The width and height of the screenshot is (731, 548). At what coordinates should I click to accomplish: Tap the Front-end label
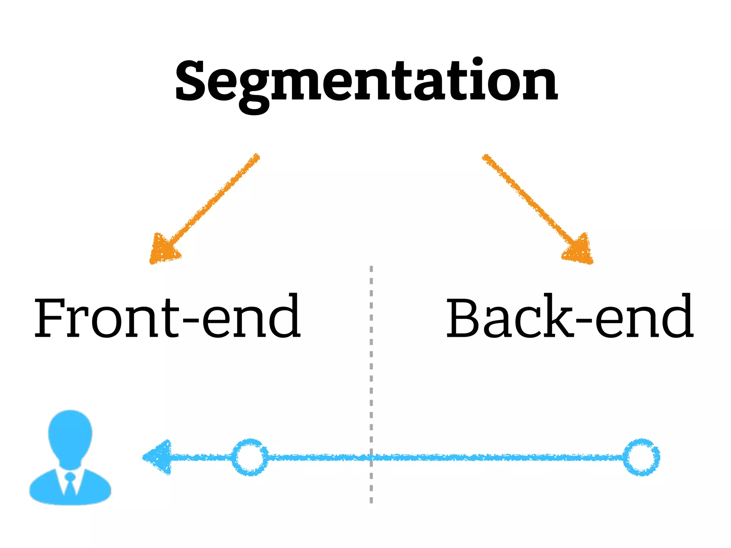pyautogui.click(x=167, y=317)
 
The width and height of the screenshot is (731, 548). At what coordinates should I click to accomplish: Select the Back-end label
pyautogui.click(x=570, y=317)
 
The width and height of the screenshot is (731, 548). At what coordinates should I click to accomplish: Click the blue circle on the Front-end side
pyautogui.click(x=250, y=457)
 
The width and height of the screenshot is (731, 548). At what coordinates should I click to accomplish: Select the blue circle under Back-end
pyautogui.click(x=641, y=457)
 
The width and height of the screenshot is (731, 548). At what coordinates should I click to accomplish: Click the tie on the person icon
pyautogui.click(x=70, y=483)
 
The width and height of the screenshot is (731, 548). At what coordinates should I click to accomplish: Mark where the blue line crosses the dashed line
pyautogui.click(x=371, y=457)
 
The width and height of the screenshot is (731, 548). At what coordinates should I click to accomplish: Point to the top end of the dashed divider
pyautogui.click(x=371, y=268)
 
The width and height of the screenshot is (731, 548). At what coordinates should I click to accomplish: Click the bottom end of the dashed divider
pyautogui.click(x=371, y=501)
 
